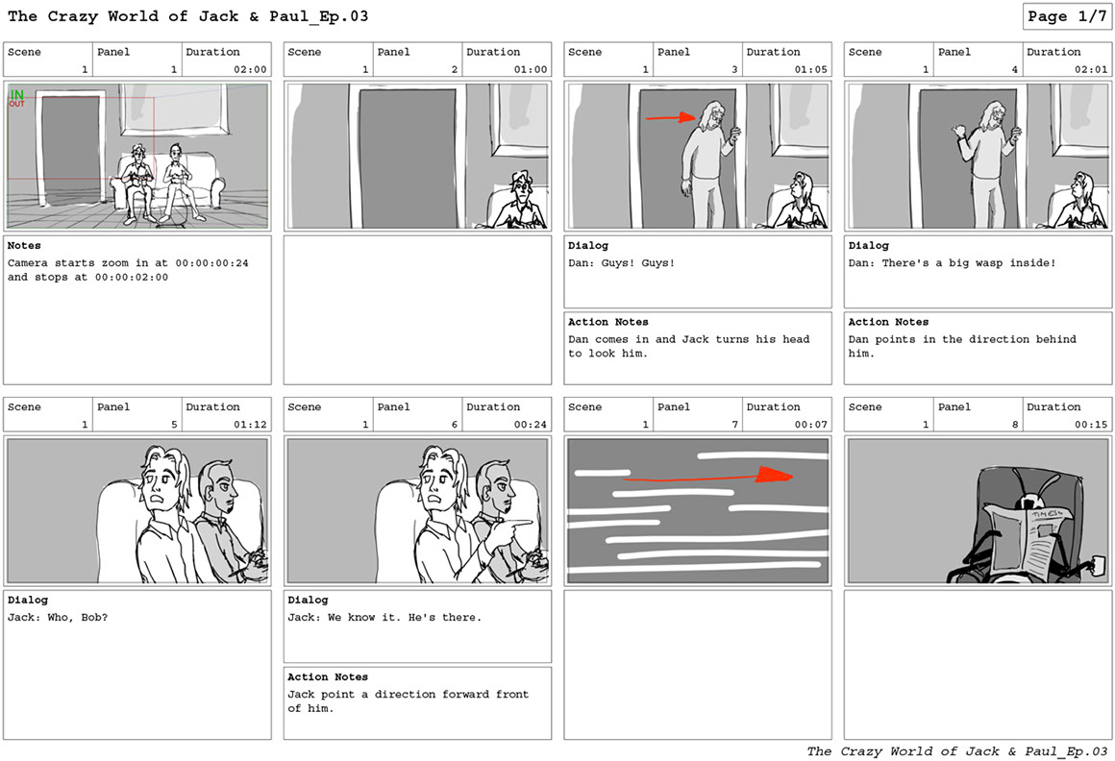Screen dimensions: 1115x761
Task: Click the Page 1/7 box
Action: click(x=1067, y=16)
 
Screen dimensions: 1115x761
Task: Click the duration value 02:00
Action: click(x=250, y=69)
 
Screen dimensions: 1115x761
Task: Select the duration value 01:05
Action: click(x=810, y=69)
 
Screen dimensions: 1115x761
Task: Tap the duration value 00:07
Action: click(x=810, y=424)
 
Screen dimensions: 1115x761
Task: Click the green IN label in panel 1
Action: click(x=16, y=94)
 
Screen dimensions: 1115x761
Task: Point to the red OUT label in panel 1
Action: click(x=16, y=104)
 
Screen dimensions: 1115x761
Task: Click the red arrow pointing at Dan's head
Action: click(x=671, y=117)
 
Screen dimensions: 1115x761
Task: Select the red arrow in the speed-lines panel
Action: click(x=707, y=476)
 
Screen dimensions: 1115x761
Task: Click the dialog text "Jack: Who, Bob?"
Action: click(x=58, y=618)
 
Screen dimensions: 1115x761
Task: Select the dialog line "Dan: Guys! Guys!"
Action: click(x=621, y=263)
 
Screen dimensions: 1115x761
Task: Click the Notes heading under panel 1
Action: click(x=24, y=245)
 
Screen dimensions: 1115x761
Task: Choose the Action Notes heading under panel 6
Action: click(x=328, y=676)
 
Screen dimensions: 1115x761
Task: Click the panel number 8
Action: click(x=1015, y=424)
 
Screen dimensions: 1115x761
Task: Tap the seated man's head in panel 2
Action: click(x=521, y=184)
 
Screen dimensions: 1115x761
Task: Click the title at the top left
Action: click(x=187, y=16)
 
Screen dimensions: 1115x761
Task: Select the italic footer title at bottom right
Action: click(x=956, y=751)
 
